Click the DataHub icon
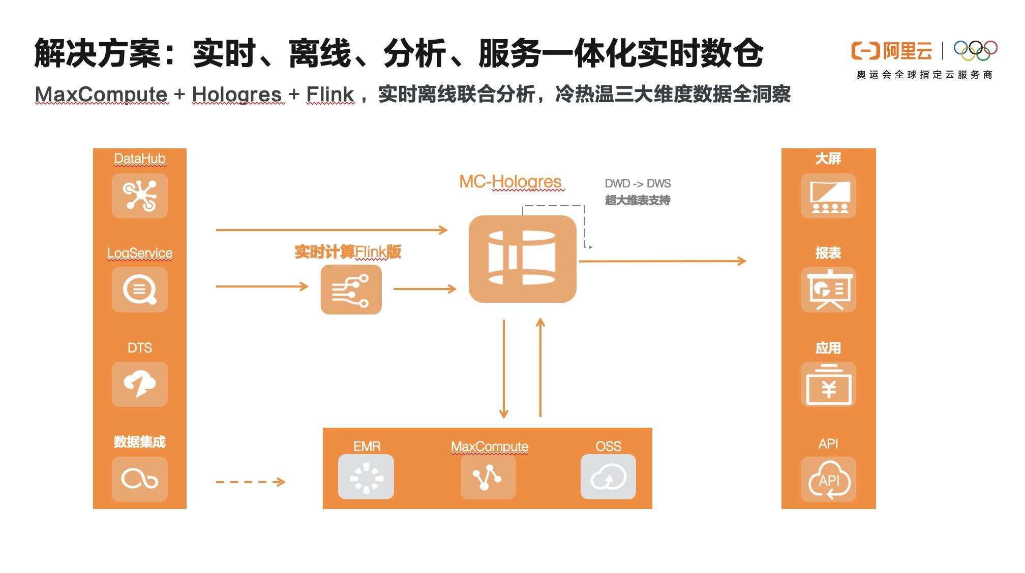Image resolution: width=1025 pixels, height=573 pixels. click(x=140, y=196)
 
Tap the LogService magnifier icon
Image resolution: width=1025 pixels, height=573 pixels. click(x=140, y=290)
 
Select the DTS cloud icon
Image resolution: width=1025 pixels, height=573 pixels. click(x=140, y=384)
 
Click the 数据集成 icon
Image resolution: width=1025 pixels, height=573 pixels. click(x=140, y=479)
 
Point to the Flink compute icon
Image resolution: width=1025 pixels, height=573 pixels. click(x=351, y=290)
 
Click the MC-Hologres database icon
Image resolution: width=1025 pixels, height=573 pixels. click(x=522, y=259)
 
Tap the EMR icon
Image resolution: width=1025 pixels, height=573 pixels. click(x=366, y=476)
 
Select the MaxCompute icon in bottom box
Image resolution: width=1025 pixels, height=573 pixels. click(x=488, y=476)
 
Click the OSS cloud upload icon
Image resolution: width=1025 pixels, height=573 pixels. click(x=608, y=476)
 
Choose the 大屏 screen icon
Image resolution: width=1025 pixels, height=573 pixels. click(x=828, y=196)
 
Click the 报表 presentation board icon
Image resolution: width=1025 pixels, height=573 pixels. click(x=828, y=290)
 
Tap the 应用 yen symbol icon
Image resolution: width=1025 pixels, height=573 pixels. click(x=828, y=384)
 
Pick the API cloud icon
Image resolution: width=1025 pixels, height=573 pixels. click(x=828, y=479)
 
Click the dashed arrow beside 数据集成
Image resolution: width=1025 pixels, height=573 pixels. click(x=250, y=482)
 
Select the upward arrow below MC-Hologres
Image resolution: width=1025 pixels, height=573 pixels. click(x=540, y=368)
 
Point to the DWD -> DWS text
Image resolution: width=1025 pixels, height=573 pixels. click(x=638, y=183)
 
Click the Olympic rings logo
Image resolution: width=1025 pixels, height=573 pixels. click(x=975, y=50)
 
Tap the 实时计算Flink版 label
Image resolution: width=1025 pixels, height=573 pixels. click(x=348, y=252)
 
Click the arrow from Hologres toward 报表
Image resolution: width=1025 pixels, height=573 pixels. click(x=662, y=261)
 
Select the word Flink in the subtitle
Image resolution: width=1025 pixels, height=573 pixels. click(x=329, y=94)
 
